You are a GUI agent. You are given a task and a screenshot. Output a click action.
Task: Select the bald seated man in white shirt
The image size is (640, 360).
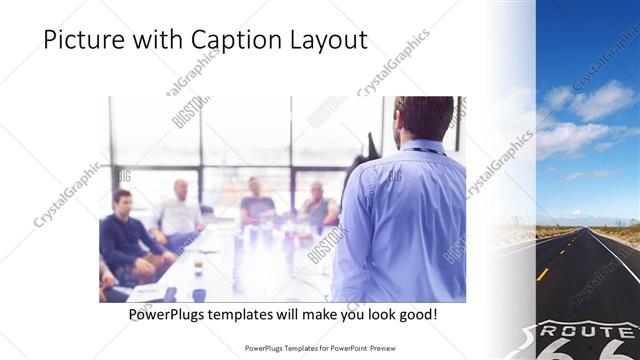180,211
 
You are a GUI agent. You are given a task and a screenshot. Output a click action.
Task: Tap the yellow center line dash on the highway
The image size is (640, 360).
542,273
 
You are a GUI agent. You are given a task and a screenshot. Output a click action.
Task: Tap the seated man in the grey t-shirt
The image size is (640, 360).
258,204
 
